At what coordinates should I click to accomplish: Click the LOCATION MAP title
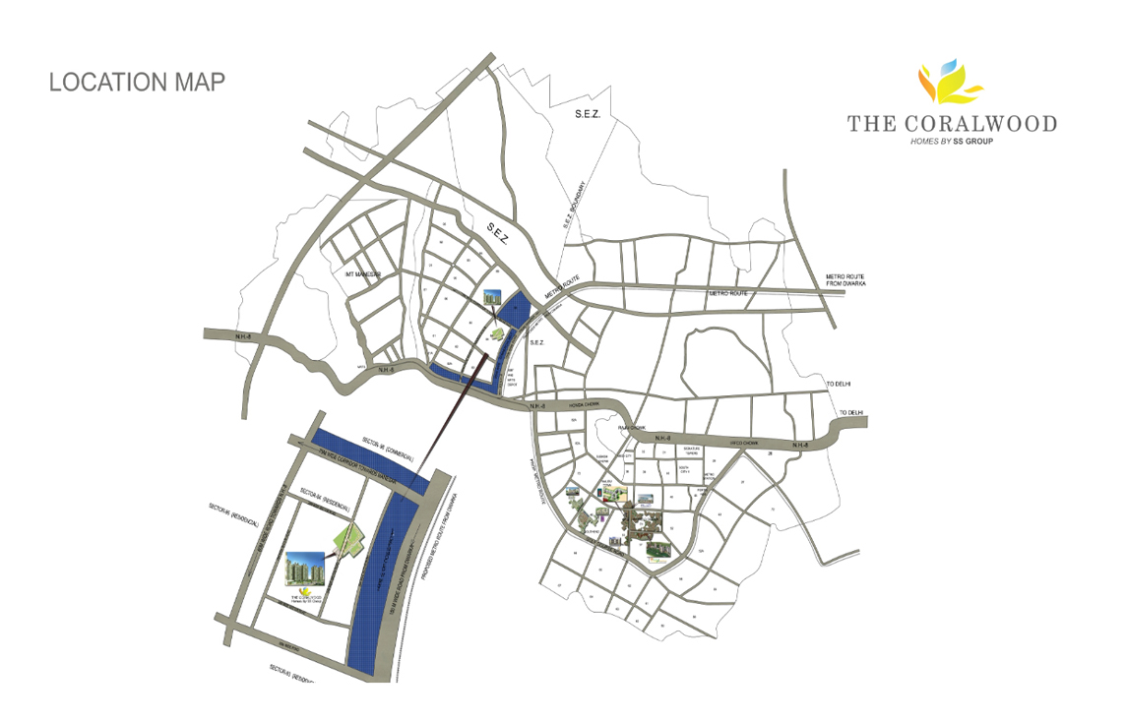137,82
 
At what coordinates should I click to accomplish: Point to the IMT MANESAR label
363,273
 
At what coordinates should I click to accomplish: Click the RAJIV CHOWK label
631,428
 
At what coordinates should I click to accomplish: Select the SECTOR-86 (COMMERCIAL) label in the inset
388,451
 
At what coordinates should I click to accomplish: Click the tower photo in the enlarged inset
302,570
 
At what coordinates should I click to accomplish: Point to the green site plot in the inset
350,538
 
